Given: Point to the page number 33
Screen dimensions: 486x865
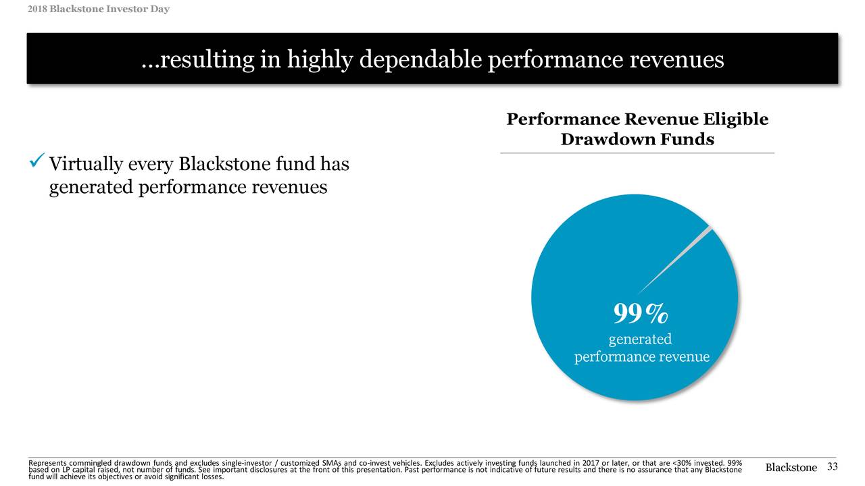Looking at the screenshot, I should tap(832, 467).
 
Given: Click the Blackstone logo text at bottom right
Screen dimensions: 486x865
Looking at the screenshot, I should tap(791, 468).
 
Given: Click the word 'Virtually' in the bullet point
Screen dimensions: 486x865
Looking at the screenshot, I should tap(86, 164).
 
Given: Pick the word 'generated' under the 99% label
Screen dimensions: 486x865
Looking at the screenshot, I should tap(640, 339).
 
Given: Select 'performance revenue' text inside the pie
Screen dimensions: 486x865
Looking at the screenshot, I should tap(641, 356).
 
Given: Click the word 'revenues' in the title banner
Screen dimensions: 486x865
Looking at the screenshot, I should tap(676, 61).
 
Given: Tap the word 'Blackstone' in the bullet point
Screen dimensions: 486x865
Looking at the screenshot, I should tap(224, 164).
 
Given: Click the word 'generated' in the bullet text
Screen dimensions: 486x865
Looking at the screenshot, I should tap(91, 187).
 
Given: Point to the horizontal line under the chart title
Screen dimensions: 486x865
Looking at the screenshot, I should tap(637, 153).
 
